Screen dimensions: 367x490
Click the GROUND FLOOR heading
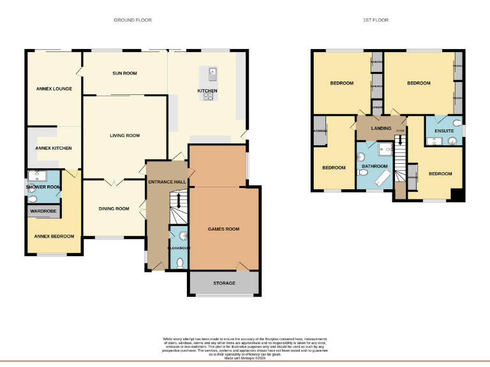133,20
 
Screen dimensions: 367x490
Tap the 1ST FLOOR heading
376,20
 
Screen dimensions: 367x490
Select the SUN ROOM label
125,73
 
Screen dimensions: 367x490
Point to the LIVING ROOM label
124,136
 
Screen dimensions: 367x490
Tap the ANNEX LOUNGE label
54,89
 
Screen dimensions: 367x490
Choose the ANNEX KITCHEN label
54,148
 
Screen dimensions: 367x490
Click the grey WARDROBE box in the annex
43,210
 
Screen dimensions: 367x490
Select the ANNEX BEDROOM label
54,236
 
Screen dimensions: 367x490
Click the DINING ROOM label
114,208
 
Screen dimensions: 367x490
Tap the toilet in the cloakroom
179,261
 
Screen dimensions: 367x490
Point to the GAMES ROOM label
223,229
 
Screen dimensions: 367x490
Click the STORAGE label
224,283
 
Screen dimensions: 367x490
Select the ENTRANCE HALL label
167,182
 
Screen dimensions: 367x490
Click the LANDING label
381,128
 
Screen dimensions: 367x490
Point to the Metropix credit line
246,358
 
